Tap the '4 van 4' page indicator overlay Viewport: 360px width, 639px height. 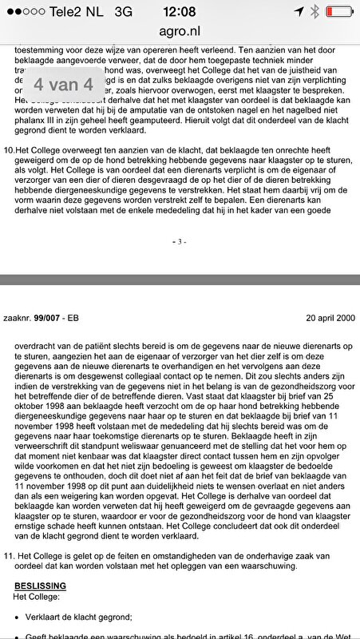click(x=63, y=83)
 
